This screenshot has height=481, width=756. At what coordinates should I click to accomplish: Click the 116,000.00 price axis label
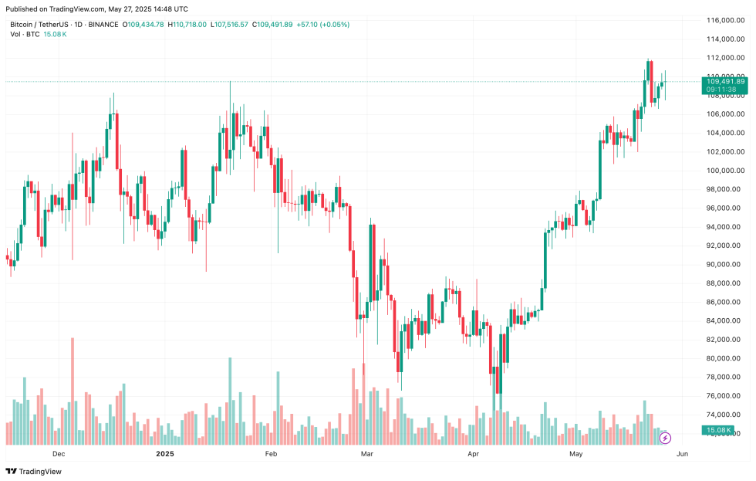(x=725, y=19)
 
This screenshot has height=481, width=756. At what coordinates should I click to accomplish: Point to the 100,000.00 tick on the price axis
(x=725, y=171)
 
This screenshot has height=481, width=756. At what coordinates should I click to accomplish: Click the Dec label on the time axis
(x=59, y=454)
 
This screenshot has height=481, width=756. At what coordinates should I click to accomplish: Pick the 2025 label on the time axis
(x=166, y=454)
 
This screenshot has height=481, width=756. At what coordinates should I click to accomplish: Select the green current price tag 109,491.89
(x=724, y=81)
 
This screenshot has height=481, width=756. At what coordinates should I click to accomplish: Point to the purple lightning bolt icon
(x=665, y=438)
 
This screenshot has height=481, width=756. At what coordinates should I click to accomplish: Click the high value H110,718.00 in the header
(x=187, y=25)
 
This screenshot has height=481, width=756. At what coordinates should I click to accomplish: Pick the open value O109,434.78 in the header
(x=143, y=25)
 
